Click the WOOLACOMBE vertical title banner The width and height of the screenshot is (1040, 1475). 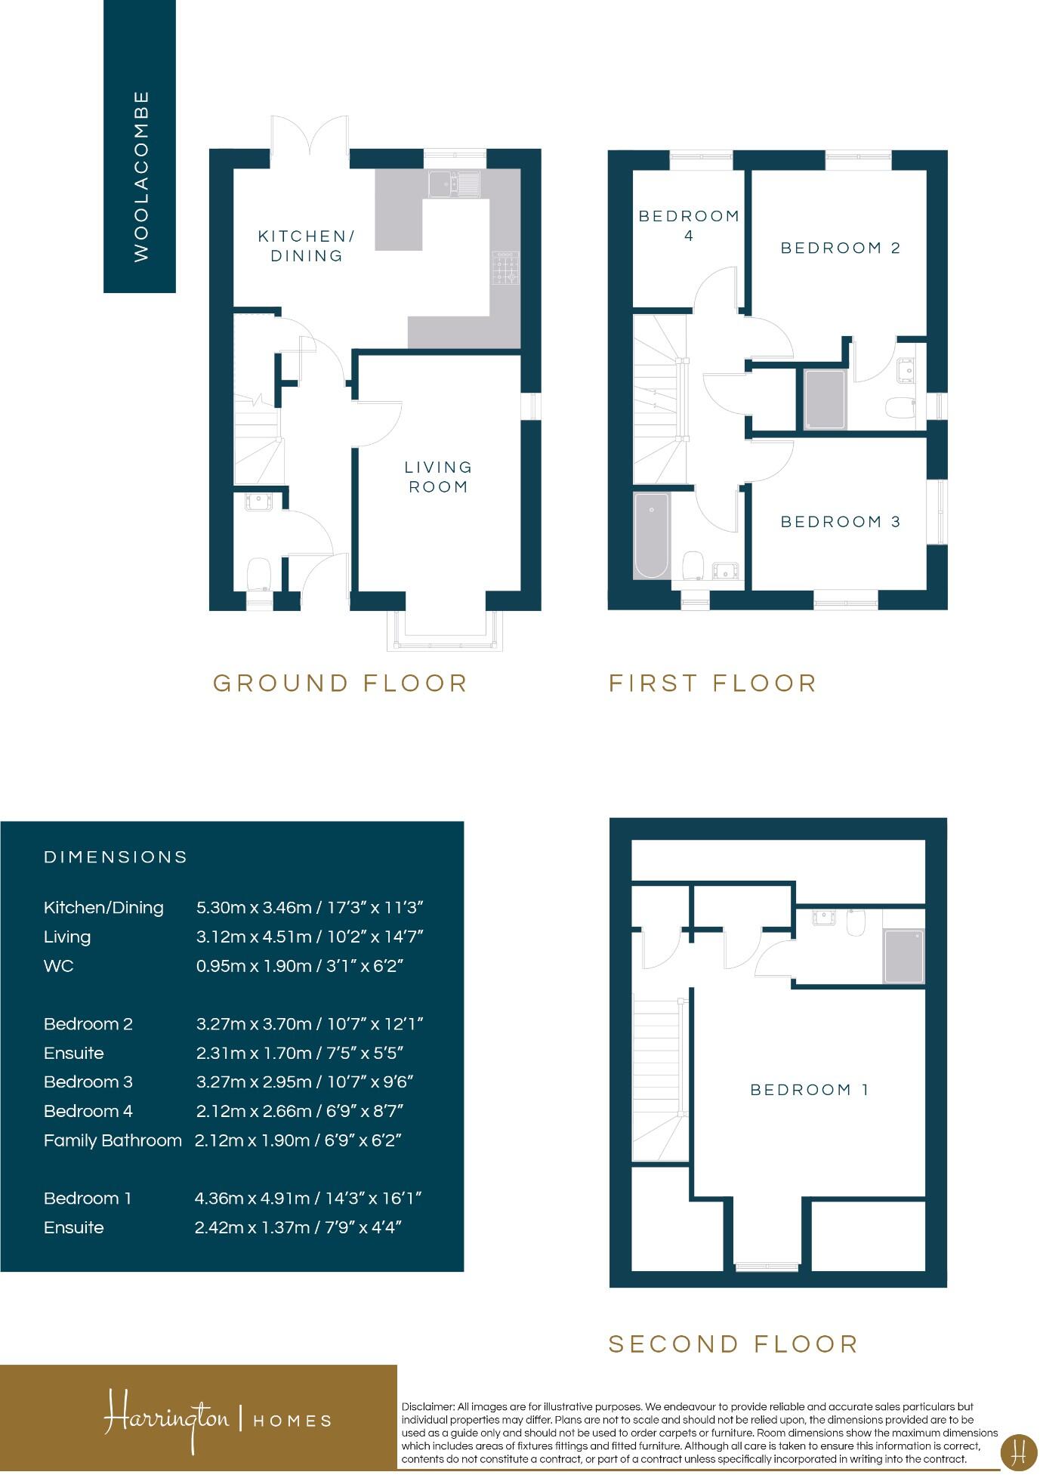[140, 147]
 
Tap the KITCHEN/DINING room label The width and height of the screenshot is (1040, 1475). [307, 246]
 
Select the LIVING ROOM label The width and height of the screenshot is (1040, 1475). [438, 477]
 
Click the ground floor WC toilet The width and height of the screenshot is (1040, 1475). [259, 573]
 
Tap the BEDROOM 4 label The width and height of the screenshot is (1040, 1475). [688, 226]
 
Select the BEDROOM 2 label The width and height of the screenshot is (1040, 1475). [840, 248]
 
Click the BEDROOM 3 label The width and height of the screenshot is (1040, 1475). [840, 522]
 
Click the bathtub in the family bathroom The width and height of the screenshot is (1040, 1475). [651, 535]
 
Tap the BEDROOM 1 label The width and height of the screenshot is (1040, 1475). [809, 1090]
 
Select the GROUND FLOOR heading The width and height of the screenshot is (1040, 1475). [341, 683]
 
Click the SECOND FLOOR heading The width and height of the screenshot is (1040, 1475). [733, 1344]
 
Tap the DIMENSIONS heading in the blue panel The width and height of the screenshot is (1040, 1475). [116, 857]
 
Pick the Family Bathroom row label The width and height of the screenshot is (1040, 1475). [113, 1140]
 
